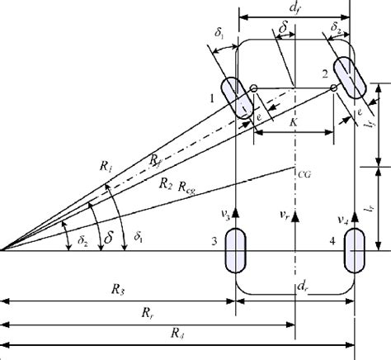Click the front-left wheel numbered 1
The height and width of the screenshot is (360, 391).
(x=237, y=98)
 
